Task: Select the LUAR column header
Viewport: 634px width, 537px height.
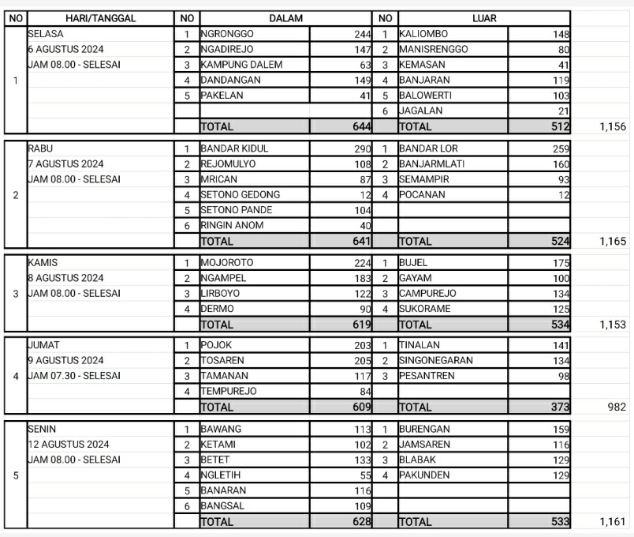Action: click(x=484, y=18)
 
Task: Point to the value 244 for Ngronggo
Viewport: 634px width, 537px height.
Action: click(x=362, y=35)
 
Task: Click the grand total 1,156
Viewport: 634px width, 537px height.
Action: click(x=612, y=126)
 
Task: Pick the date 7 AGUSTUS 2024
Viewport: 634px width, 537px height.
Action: click(x=65, y=163)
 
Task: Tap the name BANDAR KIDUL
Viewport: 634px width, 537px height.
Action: click(x=230, y=148)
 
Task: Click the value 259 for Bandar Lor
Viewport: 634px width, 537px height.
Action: click(x=560, y=148)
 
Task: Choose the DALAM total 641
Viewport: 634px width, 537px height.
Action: click(x=362, y=242)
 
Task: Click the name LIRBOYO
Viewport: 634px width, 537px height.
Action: click(x=220, y=294)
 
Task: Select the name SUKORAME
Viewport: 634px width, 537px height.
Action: click(x=425, y=309)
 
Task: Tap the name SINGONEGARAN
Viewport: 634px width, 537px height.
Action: click(x=436, y=361)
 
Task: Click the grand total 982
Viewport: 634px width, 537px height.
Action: click(x=617, y=407)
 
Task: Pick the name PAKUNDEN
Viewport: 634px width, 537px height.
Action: click(x=424, y=475)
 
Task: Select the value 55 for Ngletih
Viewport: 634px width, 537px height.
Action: click(x=364, y=475)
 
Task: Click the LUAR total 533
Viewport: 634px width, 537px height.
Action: click(x=560, y=522)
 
